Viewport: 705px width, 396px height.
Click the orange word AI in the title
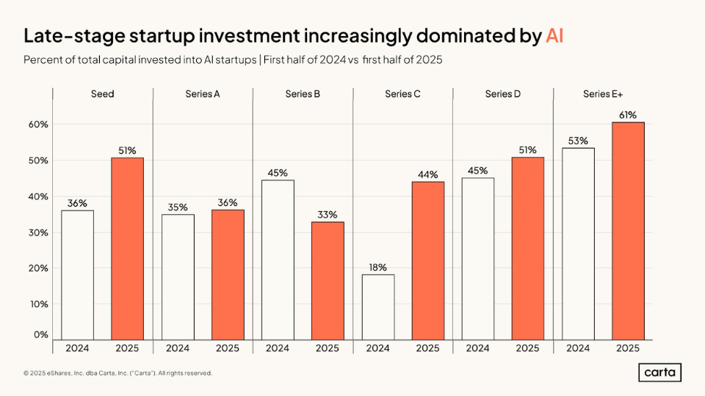coord(554,36)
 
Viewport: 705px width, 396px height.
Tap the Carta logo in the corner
coord(659,373)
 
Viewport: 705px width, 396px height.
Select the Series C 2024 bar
coord(377,307)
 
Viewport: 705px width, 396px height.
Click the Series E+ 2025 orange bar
coord(627,230)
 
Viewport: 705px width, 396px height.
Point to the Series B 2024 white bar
coord(278,260)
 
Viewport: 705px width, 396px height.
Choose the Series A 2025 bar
coord(228,274)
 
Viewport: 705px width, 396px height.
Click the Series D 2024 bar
coord(477,258)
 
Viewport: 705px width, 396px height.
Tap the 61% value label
coord(627,115)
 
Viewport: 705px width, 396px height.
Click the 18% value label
coord(377,268)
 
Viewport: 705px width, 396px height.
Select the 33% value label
coord(328,215)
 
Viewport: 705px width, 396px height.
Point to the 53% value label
coord(578,141)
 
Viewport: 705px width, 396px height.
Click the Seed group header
coord(103,95)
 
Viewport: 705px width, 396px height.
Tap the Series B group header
coord(303,95)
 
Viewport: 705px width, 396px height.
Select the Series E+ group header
coord(602,95)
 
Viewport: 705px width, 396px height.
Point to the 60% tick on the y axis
coord(38,125)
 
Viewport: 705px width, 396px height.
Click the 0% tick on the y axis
coord(41,334)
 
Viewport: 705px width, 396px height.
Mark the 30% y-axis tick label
coord(38,232)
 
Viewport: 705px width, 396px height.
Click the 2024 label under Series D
coord(477,348)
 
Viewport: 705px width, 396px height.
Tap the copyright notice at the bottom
coord(117,373)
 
